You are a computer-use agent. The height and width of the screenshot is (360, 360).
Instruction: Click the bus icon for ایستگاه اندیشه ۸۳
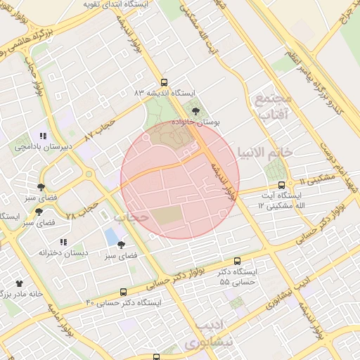pos(164,82)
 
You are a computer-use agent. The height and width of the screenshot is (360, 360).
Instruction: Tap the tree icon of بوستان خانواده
pos(195,110)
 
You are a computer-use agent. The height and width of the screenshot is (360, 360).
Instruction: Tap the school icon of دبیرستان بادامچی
pos(43,136)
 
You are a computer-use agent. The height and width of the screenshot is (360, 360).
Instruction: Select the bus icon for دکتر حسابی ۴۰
pos(124,292)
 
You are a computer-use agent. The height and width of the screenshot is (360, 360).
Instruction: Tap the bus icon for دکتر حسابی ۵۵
pos(237,261)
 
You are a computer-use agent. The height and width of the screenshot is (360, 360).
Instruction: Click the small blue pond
pos(112,236)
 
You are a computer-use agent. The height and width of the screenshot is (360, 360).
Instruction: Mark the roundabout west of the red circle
pos(89,174)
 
